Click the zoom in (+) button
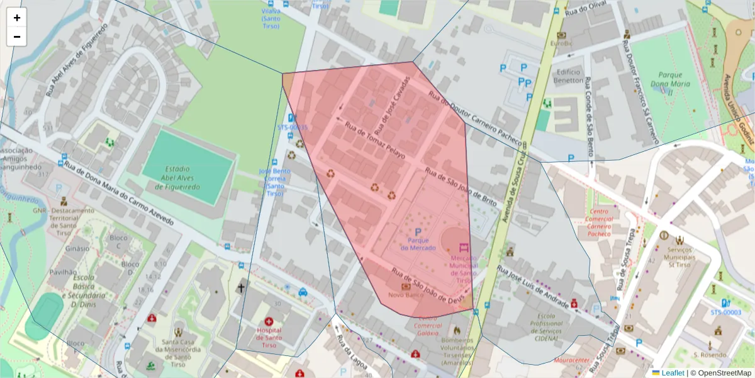pyautogui.click(x=17, y=18)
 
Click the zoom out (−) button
pyautogui.click(x=17, y=37)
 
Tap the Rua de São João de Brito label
pyautogui.click(x=461, y=187)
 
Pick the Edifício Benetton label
pyautogui.click(x=568, y=76)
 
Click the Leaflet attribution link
pyautogui.click(x=672, y=373)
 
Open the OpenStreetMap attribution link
pyautogui.click(x=724, y=373)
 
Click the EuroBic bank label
pyautogui.click(x=561, y=43)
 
